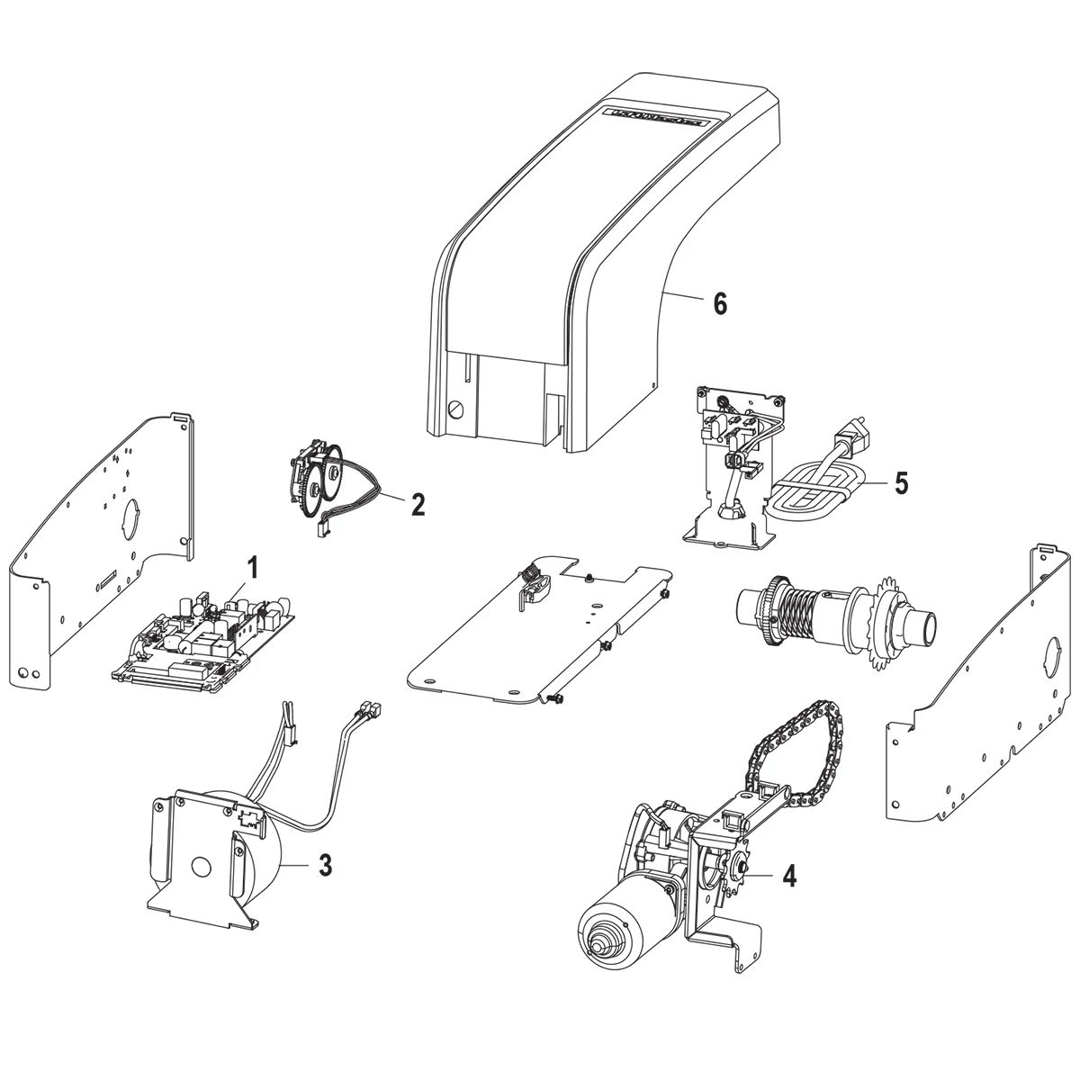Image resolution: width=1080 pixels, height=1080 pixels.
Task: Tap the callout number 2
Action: (x=417, y=504)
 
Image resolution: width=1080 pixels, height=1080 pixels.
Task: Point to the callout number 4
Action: (x=788, y=875)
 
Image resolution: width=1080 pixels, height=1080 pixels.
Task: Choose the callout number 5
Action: (x=900, y=482)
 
